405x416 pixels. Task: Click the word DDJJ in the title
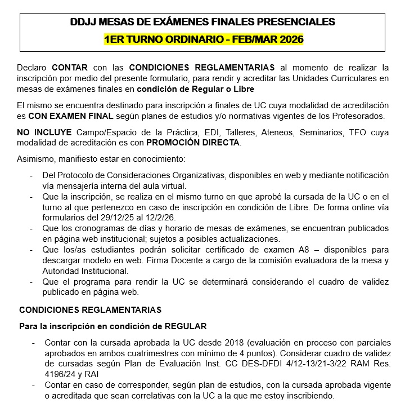83,23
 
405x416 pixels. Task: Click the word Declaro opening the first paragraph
33,67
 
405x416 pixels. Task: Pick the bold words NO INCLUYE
44,132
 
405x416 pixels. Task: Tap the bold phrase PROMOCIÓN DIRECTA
193,143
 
